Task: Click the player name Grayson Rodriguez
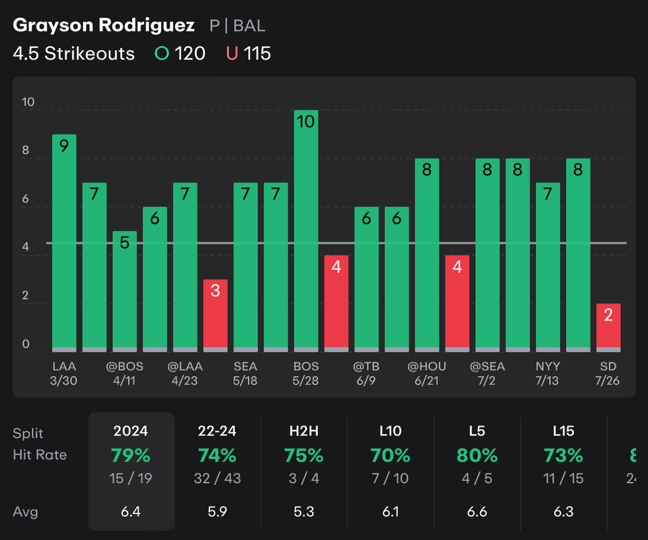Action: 104,25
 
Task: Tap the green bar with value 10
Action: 306,231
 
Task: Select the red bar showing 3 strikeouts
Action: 215,315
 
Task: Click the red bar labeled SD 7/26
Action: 608,327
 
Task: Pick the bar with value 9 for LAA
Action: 64,242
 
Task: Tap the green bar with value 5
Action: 125,291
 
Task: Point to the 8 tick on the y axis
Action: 26,151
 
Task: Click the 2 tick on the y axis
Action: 26,296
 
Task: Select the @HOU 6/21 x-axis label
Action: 427,373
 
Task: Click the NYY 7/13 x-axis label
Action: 548,373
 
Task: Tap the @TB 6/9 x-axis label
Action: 366,373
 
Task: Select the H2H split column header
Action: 304,431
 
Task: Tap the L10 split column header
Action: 390,431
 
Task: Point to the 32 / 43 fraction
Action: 218,479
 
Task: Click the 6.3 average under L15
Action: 563,512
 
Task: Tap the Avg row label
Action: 25,512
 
